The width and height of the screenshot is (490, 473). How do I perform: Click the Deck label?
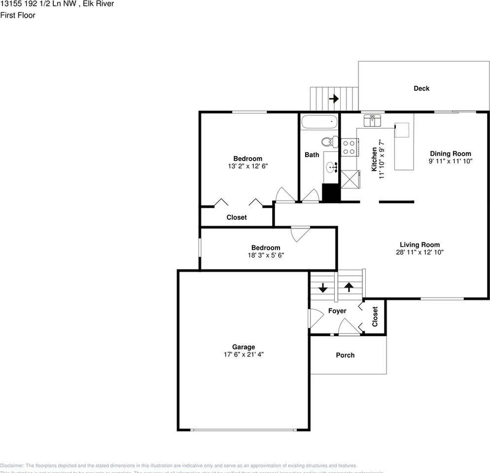[x=421, y=89]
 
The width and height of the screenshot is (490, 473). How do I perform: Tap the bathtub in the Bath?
[x=319, y=122]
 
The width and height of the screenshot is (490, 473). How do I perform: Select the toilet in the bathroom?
[x=329, y=142]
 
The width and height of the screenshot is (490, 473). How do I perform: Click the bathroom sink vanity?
[x=332, y=168]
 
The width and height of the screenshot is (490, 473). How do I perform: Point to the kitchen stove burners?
[x=350, y=147]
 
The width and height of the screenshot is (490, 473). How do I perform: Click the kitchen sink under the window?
[x=373, y=121]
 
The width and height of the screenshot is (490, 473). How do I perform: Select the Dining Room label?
[x=450, y=153]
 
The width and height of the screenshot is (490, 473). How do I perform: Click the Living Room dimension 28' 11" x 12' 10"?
[x=420, y=252]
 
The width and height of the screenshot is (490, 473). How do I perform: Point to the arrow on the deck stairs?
[x=334, y=99]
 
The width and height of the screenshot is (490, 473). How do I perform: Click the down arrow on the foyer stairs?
[x=323, y=288]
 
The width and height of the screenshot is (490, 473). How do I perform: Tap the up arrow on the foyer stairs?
[x=349, y=287]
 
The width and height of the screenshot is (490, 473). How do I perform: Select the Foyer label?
[x=337, y=311]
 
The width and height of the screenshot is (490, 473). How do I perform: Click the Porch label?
[x=345, y=355]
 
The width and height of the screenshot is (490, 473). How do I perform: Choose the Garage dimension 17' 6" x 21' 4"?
[x=244, y=354]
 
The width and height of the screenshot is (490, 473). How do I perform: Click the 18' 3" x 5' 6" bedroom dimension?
[x=266, y=255]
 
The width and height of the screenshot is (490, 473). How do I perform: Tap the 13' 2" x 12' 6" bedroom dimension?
[x=247, y=166]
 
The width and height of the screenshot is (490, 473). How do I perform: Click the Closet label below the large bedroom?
[x=237, y=217]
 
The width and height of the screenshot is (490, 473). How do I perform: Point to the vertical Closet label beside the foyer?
[x=375, y=317]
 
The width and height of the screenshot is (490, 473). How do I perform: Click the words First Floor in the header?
[x=18, y=15]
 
